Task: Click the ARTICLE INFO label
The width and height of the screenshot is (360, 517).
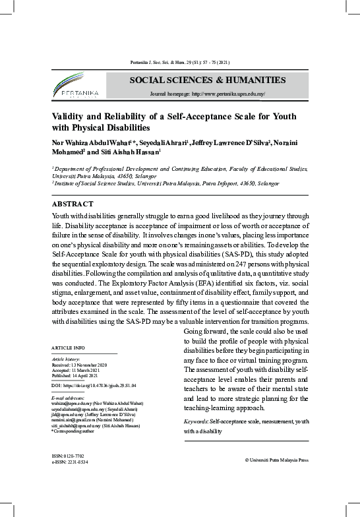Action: tap(68, 347)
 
